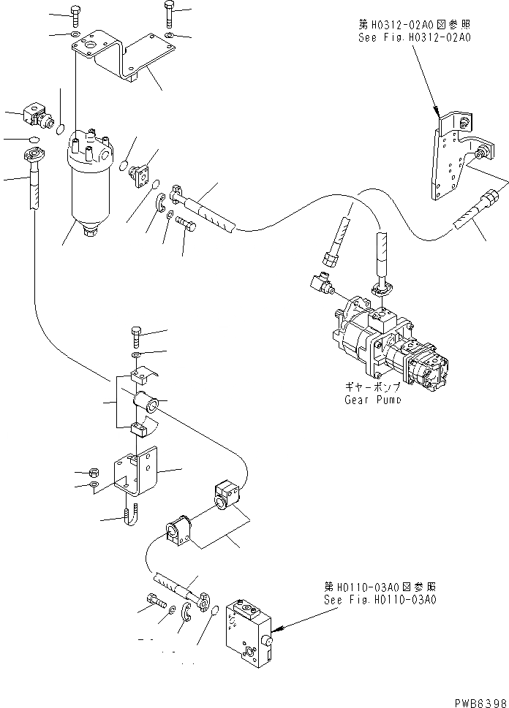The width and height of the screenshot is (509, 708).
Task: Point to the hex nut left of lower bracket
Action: pyautogui.click(x=94, y=472)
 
